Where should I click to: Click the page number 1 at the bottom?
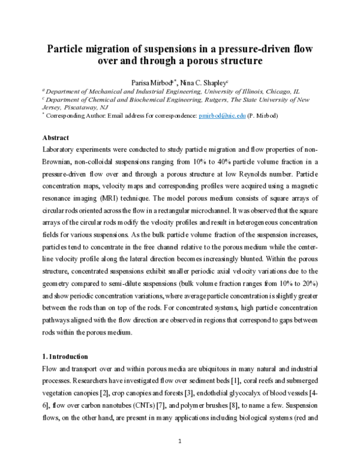pos(180,442)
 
